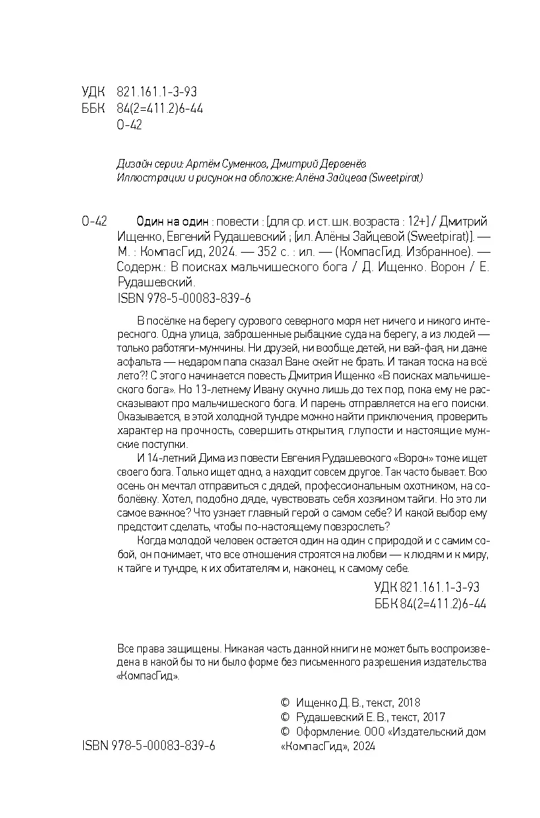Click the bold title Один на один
tap(172, 221)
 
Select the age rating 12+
tap(415, 221)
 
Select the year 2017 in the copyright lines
tap(432, 717)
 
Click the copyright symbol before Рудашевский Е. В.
tap(285, 717)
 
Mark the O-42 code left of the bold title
tap(94, 221)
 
